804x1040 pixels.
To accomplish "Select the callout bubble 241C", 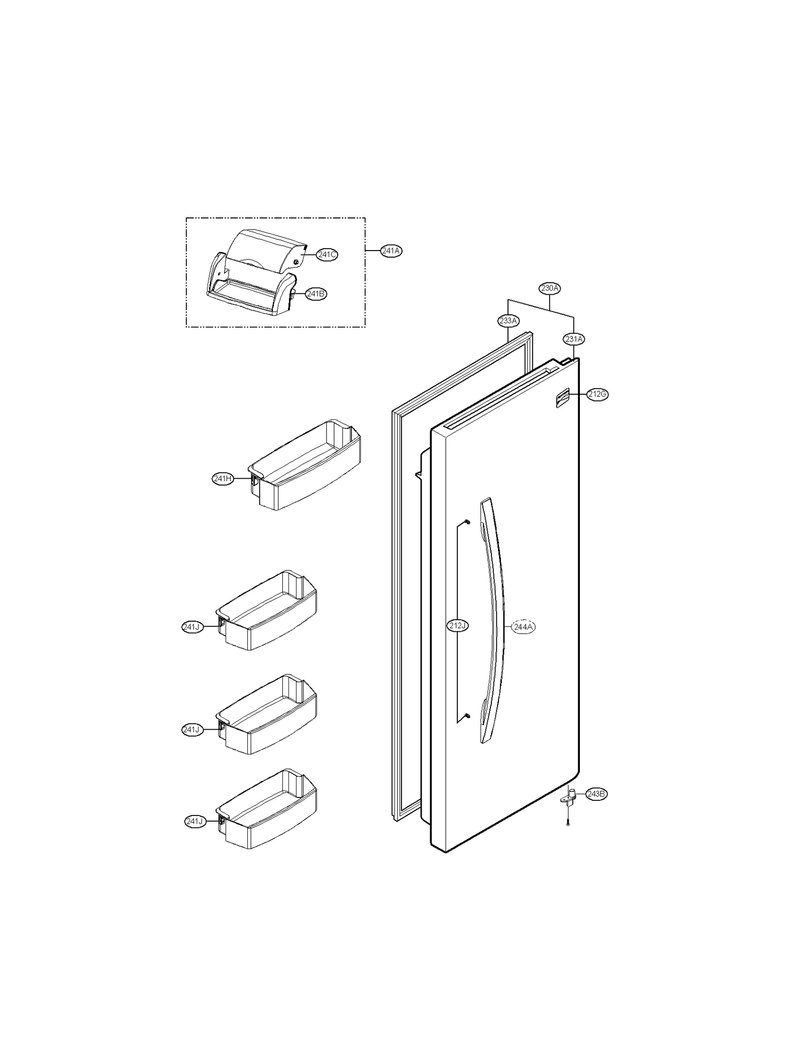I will click(x=327, y=255).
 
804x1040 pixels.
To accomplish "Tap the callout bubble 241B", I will click(x=316, y=294).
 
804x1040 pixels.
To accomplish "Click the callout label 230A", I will click(x=550, y=288).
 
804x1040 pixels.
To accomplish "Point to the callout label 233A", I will click(x=509, y=320).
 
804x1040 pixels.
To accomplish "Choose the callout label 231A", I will click(x=574, y=339).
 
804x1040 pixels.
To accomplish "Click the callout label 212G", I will click(x=597, y=394).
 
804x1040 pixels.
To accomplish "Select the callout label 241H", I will click(x=223, y=479).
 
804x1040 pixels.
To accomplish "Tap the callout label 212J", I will click(x=458, y=626).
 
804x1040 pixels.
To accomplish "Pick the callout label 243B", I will click(x=596, y=794).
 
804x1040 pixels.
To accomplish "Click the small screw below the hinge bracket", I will click(x=568, y=823).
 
